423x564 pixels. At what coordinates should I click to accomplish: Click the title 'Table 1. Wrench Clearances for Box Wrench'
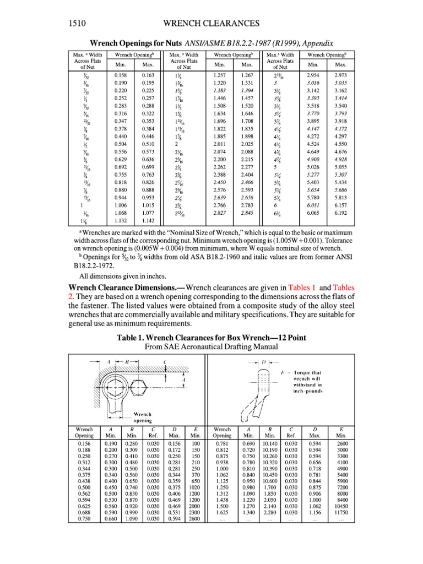point(211,338)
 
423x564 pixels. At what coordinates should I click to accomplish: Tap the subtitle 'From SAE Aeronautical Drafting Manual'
point(211,347)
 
